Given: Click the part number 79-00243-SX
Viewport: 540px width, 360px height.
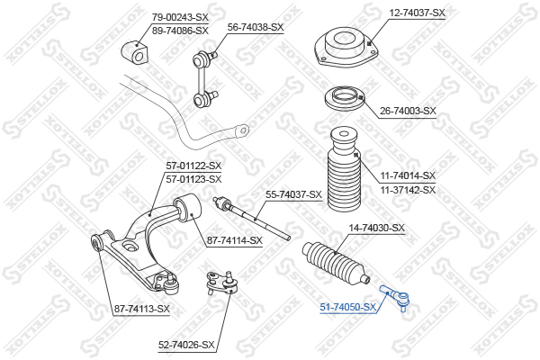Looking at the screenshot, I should click(180, 17).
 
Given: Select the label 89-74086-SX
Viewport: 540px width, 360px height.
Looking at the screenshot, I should click(180, 30).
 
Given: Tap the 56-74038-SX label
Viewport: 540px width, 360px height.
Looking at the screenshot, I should click(255, 27).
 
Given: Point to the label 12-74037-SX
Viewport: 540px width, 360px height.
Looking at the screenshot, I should click(417, 13).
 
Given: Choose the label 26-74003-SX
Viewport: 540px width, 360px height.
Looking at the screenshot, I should click(408, 111).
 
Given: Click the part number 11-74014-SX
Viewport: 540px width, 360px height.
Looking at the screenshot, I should click(407, 175).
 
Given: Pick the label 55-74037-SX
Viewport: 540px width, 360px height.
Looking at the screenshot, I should click(293, 194).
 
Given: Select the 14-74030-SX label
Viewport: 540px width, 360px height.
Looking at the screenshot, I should click(377, 228).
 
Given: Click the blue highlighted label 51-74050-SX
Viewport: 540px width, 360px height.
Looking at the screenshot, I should click(348, 308).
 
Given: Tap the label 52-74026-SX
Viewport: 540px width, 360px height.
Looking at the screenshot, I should click(186, 345).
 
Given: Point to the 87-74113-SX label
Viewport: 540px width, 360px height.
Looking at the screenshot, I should click(141, 309).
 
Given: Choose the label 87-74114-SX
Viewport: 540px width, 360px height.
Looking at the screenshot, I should click(234, 240).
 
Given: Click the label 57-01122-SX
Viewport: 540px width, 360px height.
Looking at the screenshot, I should click(193, 166).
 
